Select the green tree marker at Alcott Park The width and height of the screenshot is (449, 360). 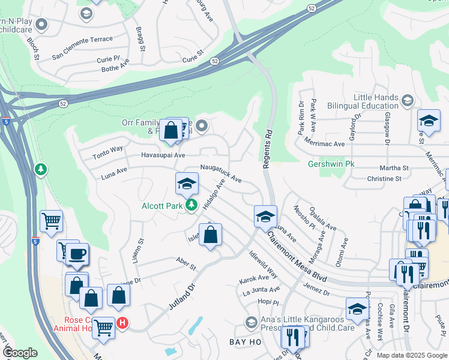tap(191, 206)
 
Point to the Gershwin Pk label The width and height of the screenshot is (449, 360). tap(331, 164)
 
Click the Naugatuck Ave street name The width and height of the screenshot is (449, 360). tap(221, 174)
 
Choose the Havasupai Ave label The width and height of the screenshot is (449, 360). tap(146, 155)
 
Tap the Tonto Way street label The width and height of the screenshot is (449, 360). tap(108, 152)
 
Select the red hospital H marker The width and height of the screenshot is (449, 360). tap(122, 323)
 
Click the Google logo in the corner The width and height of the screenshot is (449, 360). tap(20, 352)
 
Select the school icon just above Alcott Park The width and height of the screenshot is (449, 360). tap(187, 184)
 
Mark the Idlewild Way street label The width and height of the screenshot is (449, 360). tap(264, 265)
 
